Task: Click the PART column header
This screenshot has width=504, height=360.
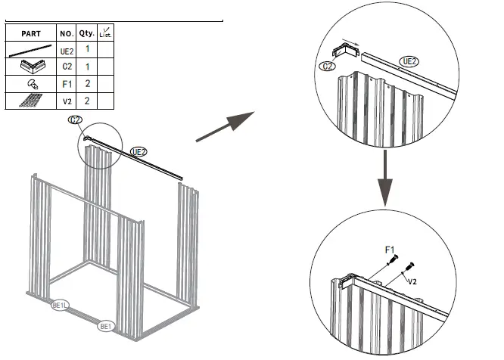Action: (31, 34)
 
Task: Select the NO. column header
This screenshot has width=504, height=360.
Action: (66, 34)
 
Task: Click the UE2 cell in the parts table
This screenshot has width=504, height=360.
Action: (66, 50)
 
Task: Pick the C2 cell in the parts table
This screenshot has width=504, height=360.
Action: (66, 67)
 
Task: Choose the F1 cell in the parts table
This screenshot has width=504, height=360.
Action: (66, 84)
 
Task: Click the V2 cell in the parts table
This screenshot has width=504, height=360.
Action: (66, 101)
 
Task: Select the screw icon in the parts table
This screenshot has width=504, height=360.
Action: (31, 84)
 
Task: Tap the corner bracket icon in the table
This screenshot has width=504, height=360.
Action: (31, 67)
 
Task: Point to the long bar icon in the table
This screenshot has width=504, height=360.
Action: (31, 51)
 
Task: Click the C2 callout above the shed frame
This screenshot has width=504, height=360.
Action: (75, 120)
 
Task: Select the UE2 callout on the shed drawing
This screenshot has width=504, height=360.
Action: (138, 151)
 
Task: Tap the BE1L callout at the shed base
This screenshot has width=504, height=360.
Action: (60, 306)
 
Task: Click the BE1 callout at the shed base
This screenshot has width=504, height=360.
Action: (107, 327)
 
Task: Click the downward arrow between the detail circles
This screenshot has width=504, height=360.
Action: (386, 177)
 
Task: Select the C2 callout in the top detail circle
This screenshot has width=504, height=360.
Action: (327, 67)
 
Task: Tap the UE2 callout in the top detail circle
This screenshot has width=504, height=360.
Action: (409, 61)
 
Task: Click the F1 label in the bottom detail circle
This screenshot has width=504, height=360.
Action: (390, 248)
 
